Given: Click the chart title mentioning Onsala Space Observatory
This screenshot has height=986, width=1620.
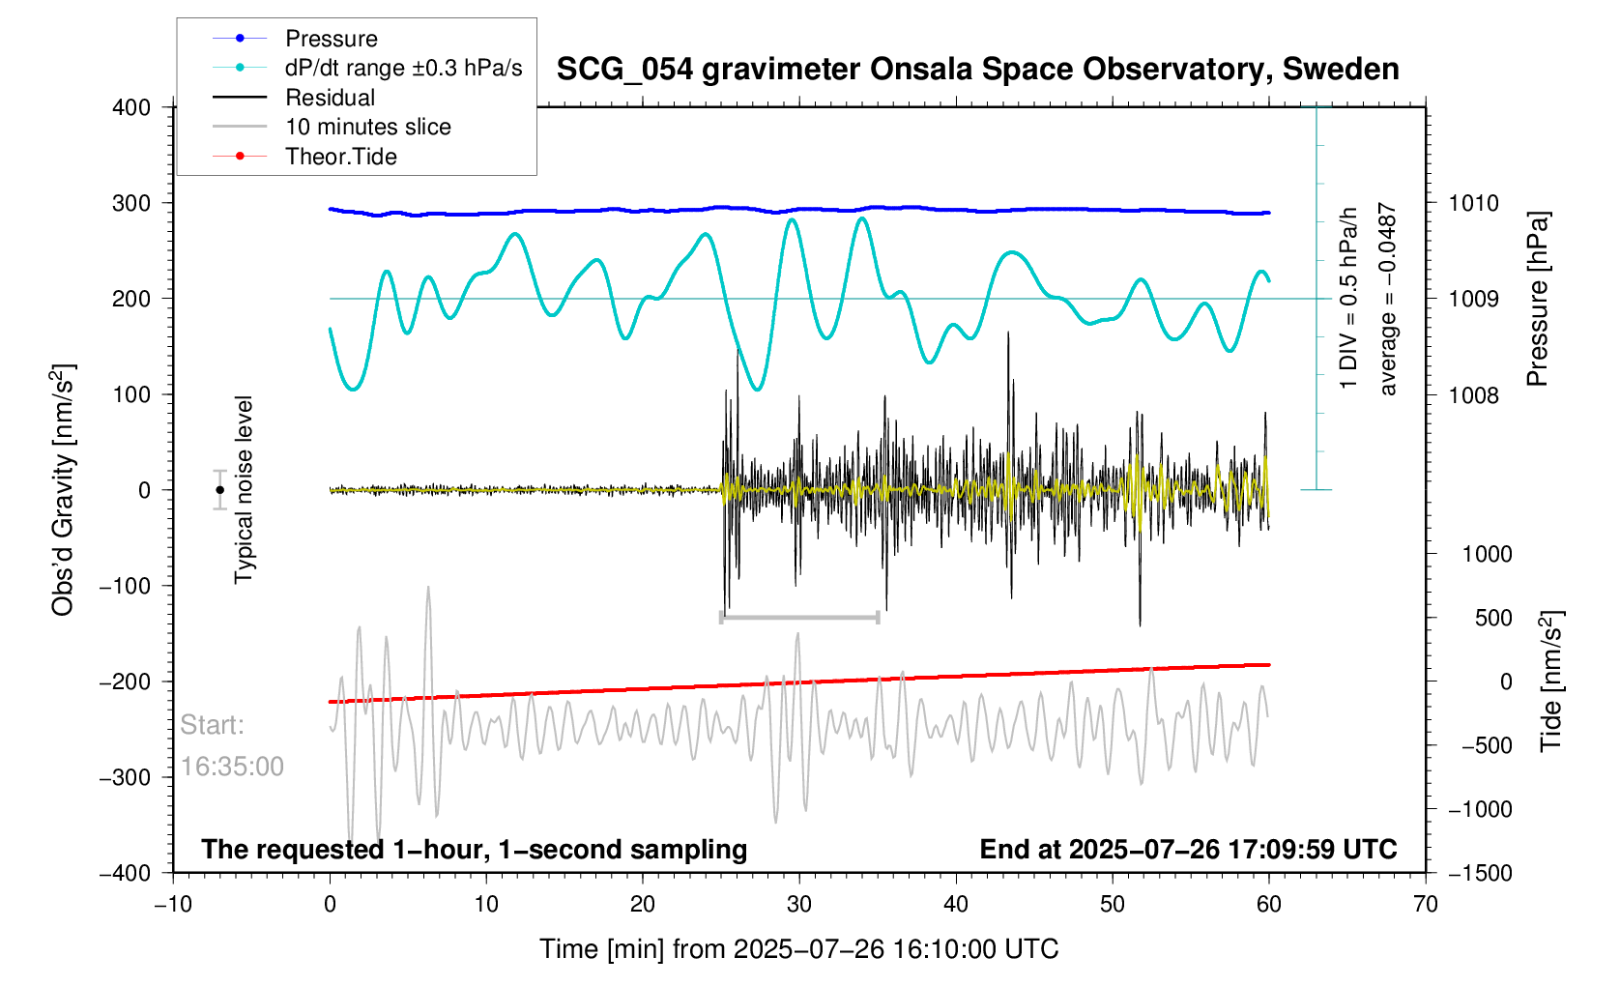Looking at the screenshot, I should click(977, 70).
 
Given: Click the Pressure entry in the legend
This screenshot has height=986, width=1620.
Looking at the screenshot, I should click(331, 39).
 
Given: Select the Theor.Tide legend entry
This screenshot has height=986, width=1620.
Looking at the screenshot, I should click(340, 157).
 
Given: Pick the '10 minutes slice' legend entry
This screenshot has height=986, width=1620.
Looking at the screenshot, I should click(367, 127).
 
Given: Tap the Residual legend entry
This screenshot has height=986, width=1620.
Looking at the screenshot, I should click(330, 98).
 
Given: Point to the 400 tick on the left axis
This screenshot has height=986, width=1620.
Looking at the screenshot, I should click(131, 107).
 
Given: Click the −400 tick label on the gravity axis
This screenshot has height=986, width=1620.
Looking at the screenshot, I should click(126, 873).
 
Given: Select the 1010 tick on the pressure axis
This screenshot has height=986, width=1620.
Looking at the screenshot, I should click(1473, 203).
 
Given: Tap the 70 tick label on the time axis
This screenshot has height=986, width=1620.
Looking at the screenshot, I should click(1425, 905).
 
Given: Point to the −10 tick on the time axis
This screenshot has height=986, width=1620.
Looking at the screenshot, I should click(173, 905).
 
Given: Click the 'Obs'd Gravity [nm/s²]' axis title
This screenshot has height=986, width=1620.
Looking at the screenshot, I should click(63, 490).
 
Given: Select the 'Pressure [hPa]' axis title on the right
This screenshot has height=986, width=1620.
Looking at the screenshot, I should click(1537, 300).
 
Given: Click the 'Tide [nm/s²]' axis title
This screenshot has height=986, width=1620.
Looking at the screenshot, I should click(1551, 681).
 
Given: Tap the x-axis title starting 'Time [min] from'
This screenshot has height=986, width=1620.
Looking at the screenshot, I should click(798, 949).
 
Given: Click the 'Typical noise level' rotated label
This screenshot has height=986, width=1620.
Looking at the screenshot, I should click(244, 489).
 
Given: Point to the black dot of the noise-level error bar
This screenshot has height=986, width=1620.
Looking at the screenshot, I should click(220, 490).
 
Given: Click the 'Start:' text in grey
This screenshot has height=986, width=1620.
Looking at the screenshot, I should click(213, 725).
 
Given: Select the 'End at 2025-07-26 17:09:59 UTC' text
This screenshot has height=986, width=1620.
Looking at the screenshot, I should click(1188, 850).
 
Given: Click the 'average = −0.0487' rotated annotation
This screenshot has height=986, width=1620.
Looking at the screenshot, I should click(1388, 299).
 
